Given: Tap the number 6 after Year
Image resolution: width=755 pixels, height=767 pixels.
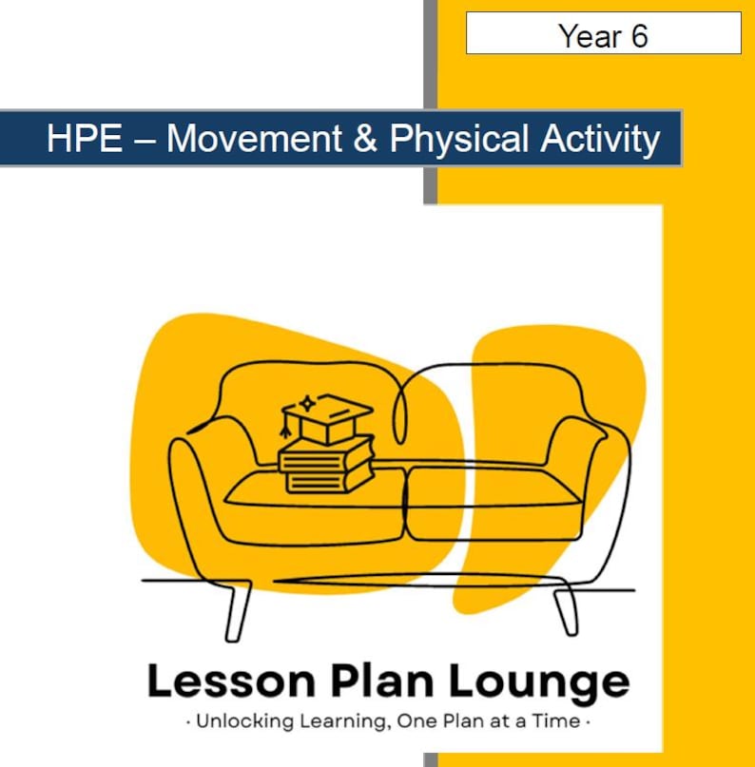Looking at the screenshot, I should [639, 36].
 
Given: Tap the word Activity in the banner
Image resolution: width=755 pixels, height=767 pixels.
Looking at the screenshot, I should [600, 140].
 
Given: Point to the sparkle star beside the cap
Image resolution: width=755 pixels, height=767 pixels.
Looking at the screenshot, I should [306, 401].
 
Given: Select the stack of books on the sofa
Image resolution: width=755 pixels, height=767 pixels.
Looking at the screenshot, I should [326, 467].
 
